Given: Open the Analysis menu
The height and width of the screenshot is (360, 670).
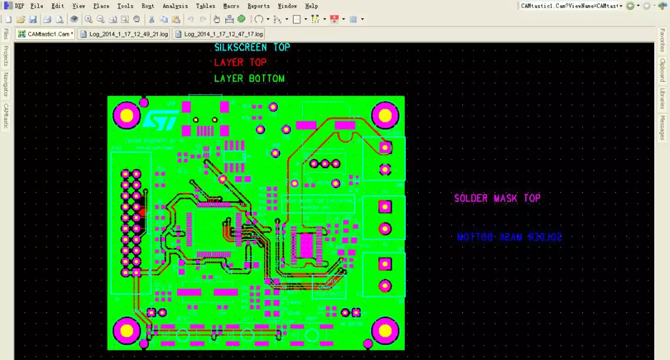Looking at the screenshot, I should tap(175, 6).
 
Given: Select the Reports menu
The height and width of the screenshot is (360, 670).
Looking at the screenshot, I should tap(258, 6).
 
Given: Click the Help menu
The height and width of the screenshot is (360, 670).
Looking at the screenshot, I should tap(312, 6).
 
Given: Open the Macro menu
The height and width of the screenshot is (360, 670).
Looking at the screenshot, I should tap(231, 6).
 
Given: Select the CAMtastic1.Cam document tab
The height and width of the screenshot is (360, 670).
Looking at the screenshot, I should tap(46, 34).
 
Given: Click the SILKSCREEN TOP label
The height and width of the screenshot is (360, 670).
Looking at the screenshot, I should tap(252, 48).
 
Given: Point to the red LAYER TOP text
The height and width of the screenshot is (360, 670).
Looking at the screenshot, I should tap(240, 62).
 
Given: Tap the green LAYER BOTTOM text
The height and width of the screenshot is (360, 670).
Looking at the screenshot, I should tap(249, 78).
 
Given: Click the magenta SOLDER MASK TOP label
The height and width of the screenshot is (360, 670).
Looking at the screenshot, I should tap(497, 198).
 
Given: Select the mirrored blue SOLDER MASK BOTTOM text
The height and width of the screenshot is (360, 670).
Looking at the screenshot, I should tap(509, 237).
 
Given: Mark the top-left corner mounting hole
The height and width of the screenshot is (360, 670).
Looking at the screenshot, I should tap(126, 115).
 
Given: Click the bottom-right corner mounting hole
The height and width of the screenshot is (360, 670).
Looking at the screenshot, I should tap(385, 331).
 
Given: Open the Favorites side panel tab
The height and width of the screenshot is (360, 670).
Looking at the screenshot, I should tap(662, 41).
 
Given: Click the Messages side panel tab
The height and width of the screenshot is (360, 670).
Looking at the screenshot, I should tap(662, 128).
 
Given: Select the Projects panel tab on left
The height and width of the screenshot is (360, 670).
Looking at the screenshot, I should tap(6, 56).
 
